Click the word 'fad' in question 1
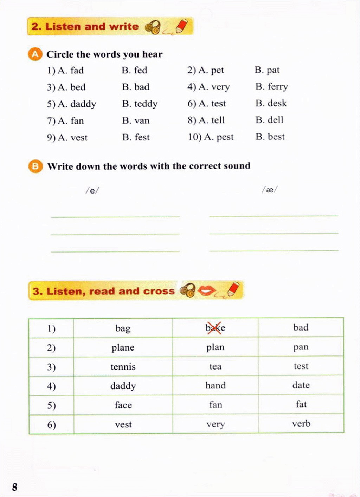(x=77, y=71)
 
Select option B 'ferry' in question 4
(x=277, y=87)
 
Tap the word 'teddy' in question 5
(x=146, y=104)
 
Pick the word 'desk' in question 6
(x=277, y=103)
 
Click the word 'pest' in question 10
(x=225, y=137)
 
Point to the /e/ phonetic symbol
(x=92, y=191)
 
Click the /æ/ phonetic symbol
(x=270, y=190)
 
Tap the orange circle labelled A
(x=35, y=54)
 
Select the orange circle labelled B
(x=35, y=166)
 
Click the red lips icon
(x=206, y=291)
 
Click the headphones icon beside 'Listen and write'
(x=153, y=27)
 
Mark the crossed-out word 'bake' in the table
(x=215, y=328)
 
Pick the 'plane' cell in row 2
(x=123, y=348)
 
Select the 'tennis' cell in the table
(x=123, y=367)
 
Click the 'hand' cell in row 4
(x=216, y=386)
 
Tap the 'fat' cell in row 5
(x=301, y=405)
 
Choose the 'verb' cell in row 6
(x=301, y=424)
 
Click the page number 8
(x=14, y=487)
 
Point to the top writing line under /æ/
(x=274, y=216)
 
